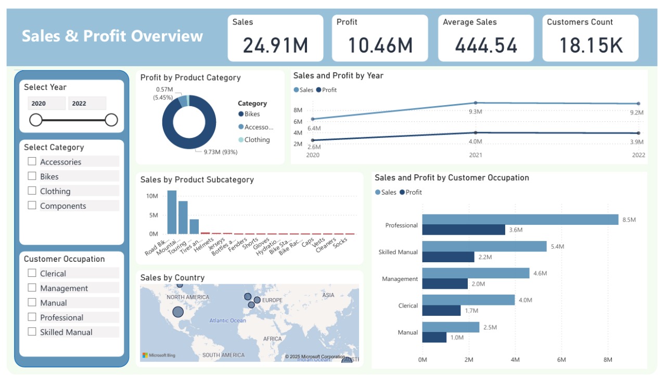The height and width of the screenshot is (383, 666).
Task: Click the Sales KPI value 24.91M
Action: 275,45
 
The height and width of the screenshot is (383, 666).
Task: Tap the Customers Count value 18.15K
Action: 591,45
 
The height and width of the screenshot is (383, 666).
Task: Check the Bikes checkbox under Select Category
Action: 32,176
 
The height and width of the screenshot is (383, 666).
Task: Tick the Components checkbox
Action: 32,205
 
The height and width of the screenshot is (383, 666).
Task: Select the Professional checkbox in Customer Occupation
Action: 32,317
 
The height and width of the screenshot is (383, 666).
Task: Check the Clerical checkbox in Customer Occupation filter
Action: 32,273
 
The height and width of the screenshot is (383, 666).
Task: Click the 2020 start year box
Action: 46,103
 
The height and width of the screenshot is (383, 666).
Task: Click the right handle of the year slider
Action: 111,120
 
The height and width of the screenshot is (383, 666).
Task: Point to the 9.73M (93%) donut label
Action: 216,151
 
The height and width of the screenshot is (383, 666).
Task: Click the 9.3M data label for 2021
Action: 475,112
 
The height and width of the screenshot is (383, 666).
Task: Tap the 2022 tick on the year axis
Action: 638,155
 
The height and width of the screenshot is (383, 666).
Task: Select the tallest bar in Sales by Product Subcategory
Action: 172,212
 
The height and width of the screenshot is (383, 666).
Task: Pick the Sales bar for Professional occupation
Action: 520,220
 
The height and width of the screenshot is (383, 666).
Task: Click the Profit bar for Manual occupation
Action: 434,337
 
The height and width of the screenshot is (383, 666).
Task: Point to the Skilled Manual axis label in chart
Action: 398,252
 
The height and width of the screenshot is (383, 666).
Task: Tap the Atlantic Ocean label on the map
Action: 228,321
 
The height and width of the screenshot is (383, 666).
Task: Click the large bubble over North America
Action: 178,312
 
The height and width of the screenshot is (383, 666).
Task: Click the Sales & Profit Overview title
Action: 112,36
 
